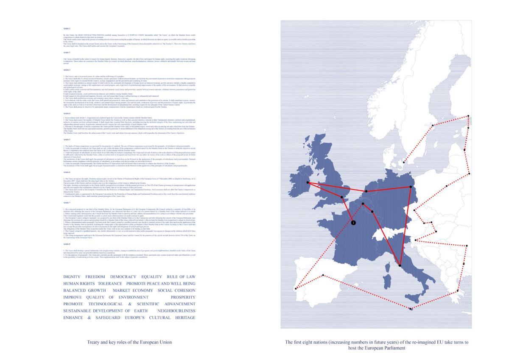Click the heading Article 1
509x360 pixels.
(x=66, y=28)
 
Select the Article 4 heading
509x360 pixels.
(x=67, y=114)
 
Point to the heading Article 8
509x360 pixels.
(x=67, y=245)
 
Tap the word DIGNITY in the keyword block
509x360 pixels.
(x=71, y=276)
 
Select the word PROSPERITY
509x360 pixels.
(x=183, y=297)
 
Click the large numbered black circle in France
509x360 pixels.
(x=353, y=222)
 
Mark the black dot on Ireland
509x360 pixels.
(x=308, y=183)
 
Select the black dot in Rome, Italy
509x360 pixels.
(x=400, y=266)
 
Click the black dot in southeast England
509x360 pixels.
(x=342, y=197)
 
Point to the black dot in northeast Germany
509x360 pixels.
(x=411, y=187)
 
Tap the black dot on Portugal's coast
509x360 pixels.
(x=295, y=290)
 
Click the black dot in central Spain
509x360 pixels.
(x=323, y=275)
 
